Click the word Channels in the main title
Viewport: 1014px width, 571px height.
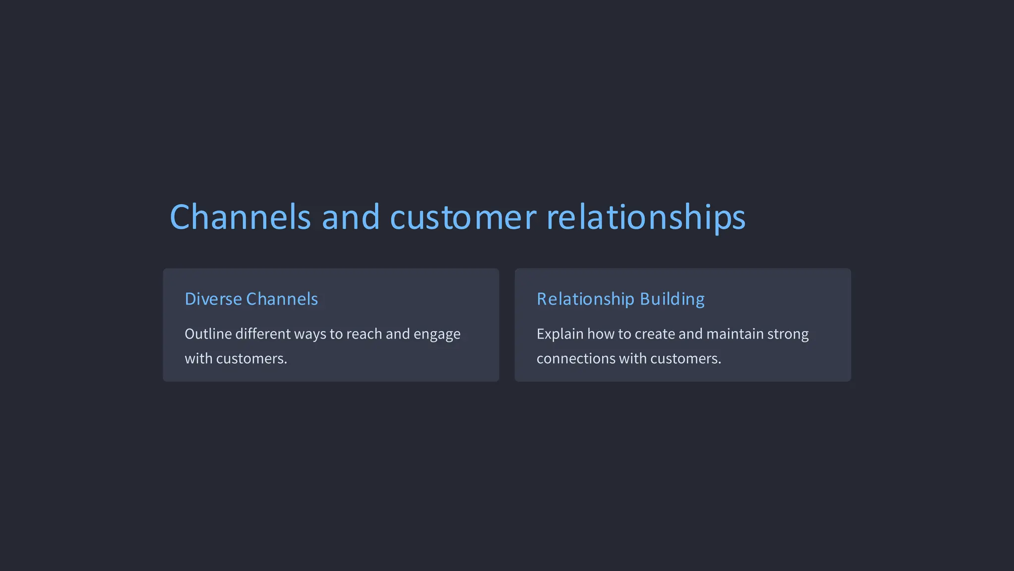tap(240, 217)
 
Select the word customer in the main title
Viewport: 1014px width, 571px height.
tap(463, 217)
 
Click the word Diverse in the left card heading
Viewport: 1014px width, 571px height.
tap(213, 299)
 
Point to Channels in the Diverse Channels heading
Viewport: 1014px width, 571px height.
tap(282, 299)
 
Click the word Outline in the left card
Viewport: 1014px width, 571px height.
tap(208, 334)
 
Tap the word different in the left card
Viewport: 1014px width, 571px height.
tap(263, 334)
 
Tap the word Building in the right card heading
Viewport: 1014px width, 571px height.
tap(672, 299)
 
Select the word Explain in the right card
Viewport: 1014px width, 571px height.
tap(560, 334)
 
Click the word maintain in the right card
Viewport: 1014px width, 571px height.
tap(735, 334)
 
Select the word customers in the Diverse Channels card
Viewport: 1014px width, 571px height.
tap(252, 358)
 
